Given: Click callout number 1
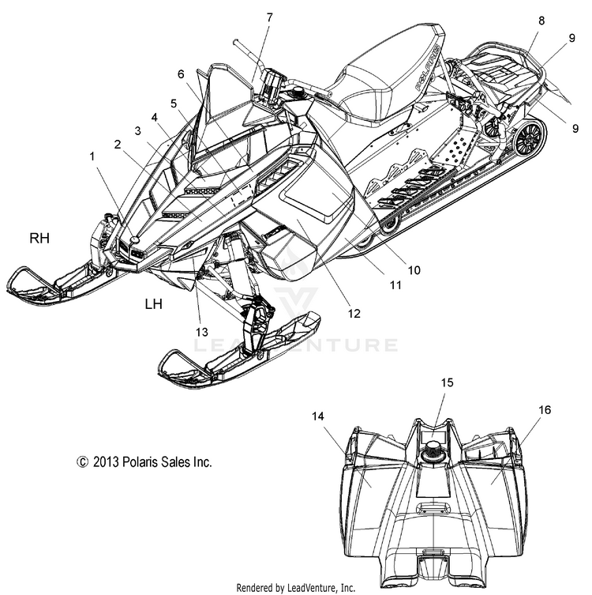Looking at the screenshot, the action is click(x=92, y=156).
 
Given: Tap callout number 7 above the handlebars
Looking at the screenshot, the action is click(x=269, y=17).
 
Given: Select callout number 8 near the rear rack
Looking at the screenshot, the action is click(x=541, y=21).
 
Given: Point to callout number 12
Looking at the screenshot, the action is click(x=354, y=314).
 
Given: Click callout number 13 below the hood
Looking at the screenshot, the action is click(x=202, y=332).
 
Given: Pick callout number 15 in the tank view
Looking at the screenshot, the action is click(x=448, y=382).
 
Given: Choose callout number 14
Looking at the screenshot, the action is click(x=318, y=416).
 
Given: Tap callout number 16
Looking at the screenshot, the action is click(x=545, y=410).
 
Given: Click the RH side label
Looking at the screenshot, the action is click(x=39, y=239).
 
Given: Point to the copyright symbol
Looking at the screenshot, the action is click(x=82, y=462).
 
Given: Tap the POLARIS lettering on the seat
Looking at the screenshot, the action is click(x=428, y=67).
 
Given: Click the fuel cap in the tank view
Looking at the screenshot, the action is click(x=433, y=449).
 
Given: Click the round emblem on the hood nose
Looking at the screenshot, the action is click(x=134, y=239).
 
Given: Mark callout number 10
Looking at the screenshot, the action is click(x=414, y=269).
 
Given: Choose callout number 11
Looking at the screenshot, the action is click(x=395, y=284).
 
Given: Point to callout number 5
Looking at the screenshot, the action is click(x=174, y=103).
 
